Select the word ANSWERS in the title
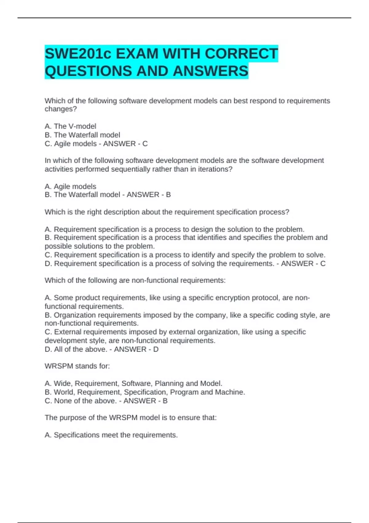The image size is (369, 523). (210, 71)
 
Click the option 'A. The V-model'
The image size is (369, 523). (70, 126)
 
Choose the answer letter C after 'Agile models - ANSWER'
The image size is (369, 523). (145, 144)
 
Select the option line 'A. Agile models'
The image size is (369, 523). (70, 186)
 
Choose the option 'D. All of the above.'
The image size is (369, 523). (76, 349)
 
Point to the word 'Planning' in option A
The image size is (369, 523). (169, 383)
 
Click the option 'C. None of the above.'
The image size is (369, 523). (81, 401)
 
